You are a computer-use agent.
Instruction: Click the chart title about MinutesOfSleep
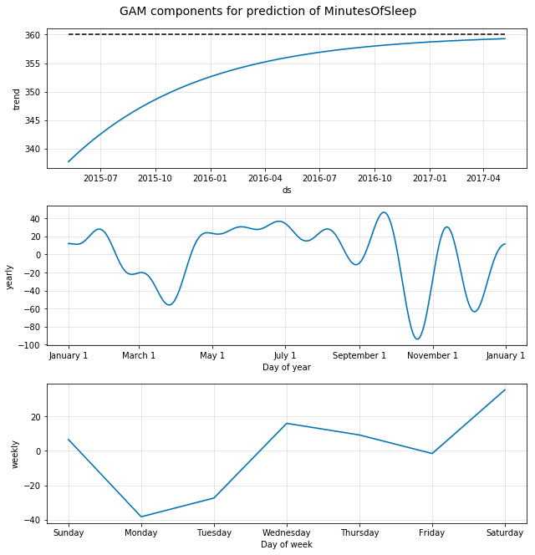pyautogui.click(x=267, y=12)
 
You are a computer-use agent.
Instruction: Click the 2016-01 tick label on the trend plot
pyautogui.click(x=210, y=178)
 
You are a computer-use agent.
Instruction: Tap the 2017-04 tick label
pyautogui.click(x=483, y=178)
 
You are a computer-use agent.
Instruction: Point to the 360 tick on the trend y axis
pyautogui.click(x=33, y=35)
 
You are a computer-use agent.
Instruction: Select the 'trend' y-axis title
pyautogui.click(x=16, y=99)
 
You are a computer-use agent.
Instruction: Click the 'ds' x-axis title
pyautogui.click(x=287, y=190)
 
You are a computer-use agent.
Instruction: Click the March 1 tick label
pyautogui.click(x=139, y=355)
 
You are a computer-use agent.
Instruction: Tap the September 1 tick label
pyautogui.click(x=359, y=355)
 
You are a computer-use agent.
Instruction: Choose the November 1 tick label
pyautogui.click(x=432, y=355)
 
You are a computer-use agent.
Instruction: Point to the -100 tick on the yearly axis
pyautogui.click(x=30, y=345)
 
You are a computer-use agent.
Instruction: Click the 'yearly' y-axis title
pyautogui.click(x=10, y=277)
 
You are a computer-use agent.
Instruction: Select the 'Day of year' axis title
pyautogui.click(x=287, y=367)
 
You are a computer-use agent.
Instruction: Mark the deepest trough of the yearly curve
pyautogui.click(x=417, y=339)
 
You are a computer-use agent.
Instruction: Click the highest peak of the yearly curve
pyautogui.click(x=384, y=212)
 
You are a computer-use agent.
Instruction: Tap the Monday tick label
pyautogui.click(x=141, y=532)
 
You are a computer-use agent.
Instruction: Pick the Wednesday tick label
pyautogui.click(x=287, y=532)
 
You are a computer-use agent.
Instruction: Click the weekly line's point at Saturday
pyautogui.click(x=505, y=390)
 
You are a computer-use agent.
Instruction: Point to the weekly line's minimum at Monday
pyautogui.click(x=141, y=517)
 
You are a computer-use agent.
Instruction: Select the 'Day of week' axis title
pyautogui.click(x=287, y=545)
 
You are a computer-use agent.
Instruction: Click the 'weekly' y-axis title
pyautogui.click(x=15, y=454)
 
